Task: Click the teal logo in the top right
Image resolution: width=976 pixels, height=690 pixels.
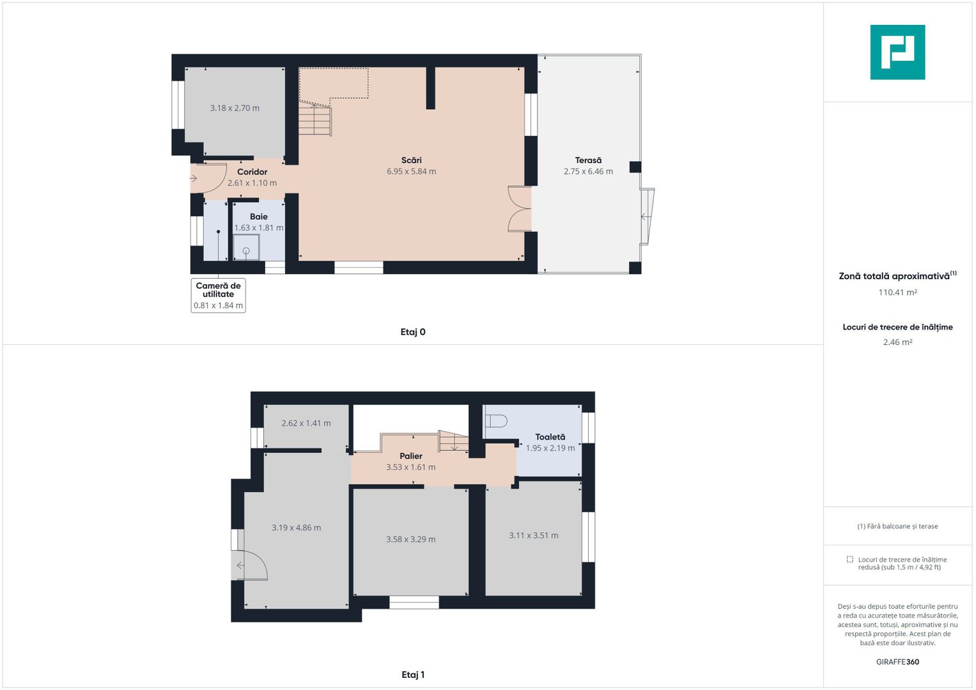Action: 897,52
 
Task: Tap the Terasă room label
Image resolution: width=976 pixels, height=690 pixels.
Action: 588,160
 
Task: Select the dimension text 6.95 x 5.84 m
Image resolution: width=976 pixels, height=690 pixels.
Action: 411,171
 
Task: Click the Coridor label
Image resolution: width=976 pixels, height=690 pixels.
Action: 252,172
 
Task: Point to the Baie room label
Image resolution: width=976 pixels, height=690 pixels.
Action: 258,217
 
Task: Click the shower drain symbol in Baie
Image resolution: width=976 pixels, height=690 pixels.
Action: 246,250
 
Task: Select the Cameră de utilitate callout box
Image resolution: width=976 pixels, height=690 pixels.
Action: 218,295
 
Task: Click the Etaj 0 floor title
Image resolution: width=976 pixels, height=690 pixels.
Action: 413,332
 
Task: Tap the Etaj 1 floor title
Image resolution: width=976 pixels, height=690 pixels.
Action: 413,675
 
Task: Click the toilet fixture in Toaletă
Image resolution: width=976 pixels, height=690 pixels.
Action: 496,421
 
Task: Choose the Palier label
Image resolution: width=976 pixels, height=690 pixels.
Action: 411,456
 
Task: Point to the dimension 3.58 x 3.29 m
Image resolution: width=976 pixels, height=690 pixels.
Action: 410,539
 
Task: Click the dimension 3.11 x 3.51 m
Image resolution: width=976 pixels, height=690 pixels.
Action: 533,535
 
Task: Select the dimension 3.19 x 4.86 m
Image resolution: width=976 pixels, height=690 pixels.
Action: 296,528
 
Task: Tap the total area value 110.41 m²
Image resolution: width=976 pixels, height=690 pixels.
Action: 897,293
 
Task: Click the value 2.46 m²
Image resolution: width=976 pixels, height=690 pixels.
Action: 897,342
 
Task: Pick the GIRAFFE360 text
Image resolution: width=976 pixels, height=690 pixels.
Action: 897,662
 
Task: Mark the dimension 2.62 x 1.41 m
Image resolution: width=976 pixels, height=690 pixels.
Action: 306,423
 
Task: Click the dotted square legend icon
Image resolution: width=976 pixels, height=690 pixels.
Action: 849,560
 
